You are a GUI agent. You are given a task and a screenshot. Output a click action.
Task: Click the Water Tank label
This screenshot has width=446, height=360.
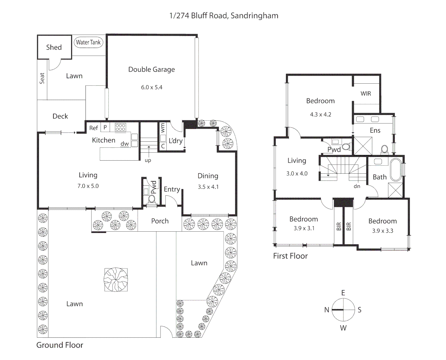(x=88, y=42)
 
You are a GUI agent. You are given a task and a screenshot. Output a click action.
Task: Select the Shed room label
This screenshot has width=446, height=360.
(x=54, y=47)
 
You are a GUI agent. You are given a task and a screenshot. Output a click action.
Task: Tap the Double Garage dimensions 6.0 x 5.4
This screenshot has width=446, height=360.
(x=151, y=87)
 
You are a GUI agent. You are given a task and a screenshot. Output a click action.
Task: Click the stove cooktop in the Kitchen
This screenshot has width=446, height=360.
(x=120, y=127)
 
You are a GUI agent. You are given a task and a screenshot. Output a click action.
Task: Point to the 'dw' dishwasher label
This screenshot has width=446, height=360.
(x=125, y=144)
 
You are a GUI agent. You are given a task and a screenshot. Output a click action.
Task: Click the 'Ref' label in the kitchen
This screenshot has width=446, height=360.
(x=93, y=128)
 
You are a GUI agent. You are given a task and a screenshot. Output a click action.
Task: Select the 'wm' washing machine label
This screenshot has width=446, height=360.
(x=163, y=127)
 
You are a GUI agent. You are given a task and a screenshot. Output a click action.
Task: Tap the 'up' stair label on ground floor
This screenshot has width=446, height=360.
(x=148, y=160)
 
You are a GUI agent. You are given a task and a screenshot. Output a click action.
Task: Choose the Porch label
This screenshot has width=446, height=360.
(x=160, y=221)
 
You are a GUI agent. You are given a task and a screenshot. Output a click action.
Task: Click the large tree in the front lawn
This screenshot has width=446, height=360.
(x=116, y=279)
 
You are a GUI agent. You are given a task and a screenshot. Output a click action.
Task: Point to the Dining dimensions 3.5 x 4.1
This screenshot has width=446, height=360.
(x=208, y=187)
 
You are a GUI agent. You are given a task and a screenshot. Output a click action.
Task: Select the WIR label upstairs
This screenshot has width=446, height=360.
(x=366, y=94)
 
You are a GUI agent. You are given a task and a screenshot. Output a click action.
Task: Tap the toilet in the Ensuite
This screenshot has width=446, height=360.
(x=384, y=149)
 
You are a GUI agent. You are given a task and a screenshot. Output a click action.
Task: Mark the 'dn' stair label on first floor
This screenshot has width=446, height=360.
(x=357, y=186)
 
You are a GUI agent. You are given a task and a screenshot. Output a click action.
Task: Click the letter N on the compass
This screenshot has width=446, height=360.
(x=327, y=310)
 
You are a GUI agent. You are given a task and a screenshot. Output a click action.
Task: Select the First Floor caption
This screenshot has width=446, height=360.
(x=290, y=256)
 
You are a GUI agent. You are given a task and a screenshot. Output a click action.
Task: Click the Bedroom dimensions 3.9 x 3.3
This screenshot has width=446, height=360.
(x=383, y=231)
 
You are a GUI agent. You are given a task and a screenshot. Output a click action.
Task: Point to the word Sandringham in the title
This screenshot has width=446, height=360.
(x=254, y=16)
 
